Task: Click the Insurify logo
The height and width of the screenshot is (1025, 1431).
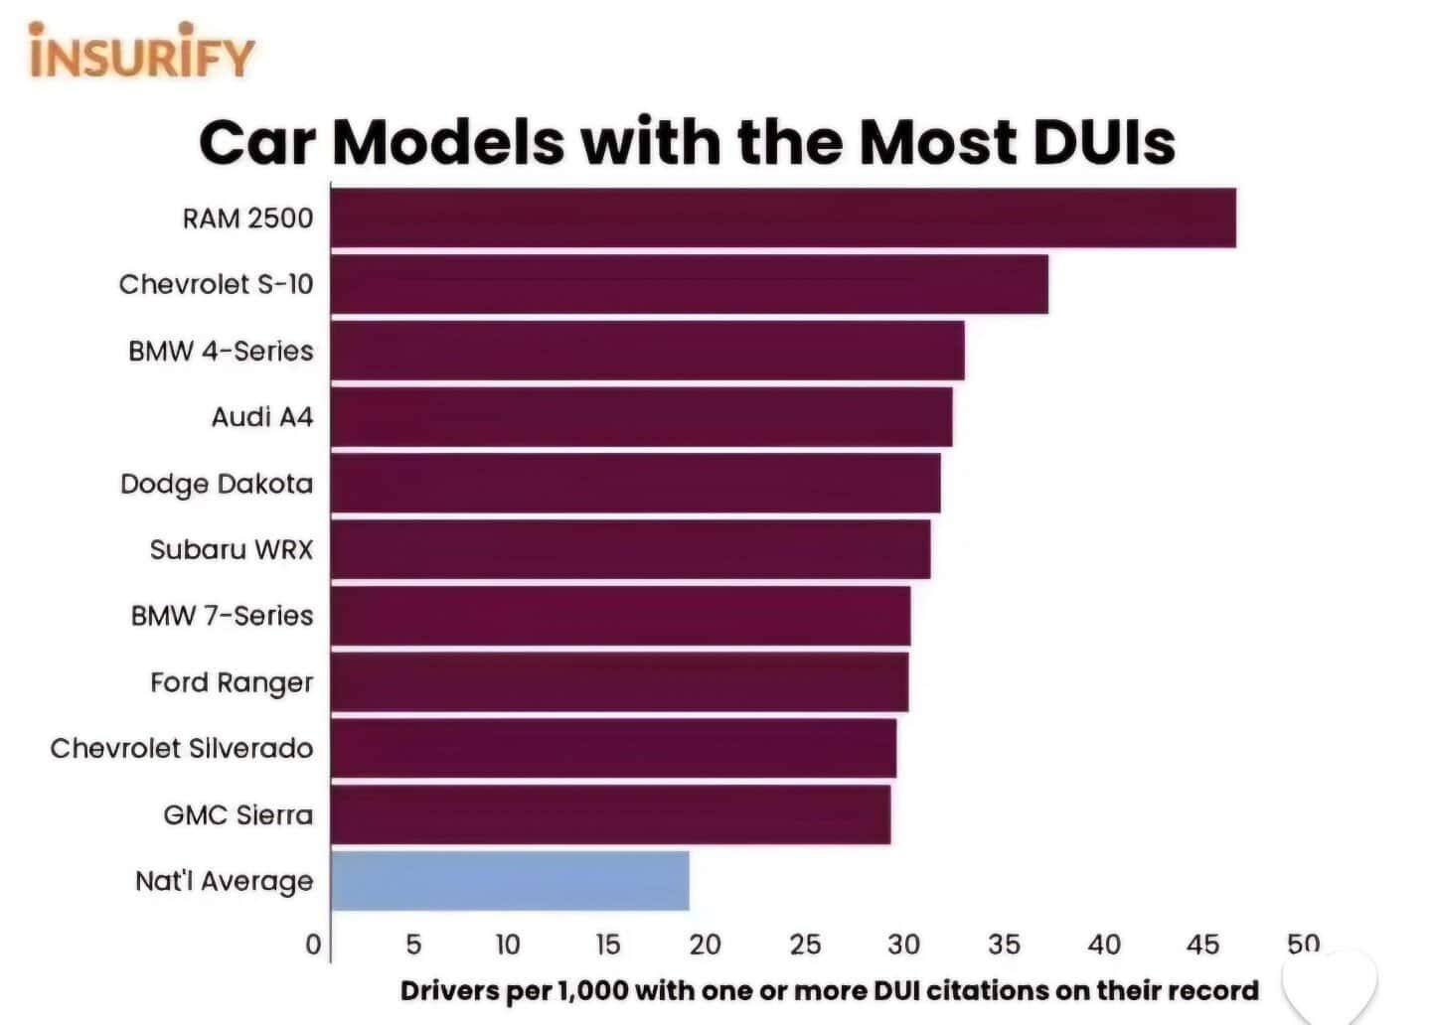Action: pyautogui.click(x=142, y=52)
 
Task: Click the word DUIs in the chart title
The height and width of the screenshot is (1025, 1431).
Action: pyautogui.click(x=1104, y=142)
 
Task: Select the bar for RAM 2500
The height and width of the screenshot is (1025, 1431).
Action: pyautogui.click(x=783, y=218)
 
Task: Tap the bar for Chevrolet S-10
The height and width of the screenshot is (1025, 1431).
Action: pyautogui.click(x=689, y=284)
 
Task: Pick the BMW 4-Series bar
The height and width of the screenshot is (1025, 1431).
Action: pyautogui.click(x=647, y=351)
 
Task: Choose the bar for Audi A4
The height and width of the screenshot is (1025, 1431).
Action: pyautogui.click(x=641, y=417)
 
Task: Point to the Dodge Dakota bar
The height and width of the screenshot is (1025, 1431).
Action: pyautogui.click(x=635, y=483)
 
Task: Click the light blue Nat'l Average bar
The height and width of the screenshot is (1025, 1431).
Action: pyautogui.click(x=510, y=881)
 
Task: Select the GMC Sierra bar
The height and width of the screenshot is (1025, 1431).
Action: pyautogui.click(x=610, y=814)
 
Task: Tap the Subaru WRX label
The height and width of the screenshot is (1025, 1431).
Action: pyautogui.click(x=231, y=549)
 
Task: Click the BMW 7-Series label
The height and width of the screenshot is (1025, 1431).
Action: pyautogui.click(x=222, y=616)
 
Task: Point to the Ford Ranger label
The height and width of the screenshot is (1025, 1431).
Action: pyautogui.click(x=231, y=682)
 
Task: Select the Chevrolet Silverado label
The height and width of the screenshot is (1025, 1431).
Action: pyautogui.click(x=181, y=748)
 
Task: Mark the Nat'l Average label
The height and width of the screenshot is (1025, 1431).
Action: pyautogui.click(x=224, y=881)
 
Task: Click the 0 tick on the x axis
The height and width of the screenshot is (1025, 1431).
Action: pyautogui.click(x=313, y=944)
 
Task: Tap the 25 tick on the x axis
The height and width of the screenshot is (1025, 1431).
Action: pyautogui.click(x=805, y=944)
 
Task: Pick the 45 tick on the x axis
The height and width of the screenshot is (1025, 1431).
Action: pyautogui.click(x=1202, y=944)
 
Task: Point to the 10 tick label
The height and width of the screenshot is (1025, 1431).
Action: pyautogui.click(x=508, y=944)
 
